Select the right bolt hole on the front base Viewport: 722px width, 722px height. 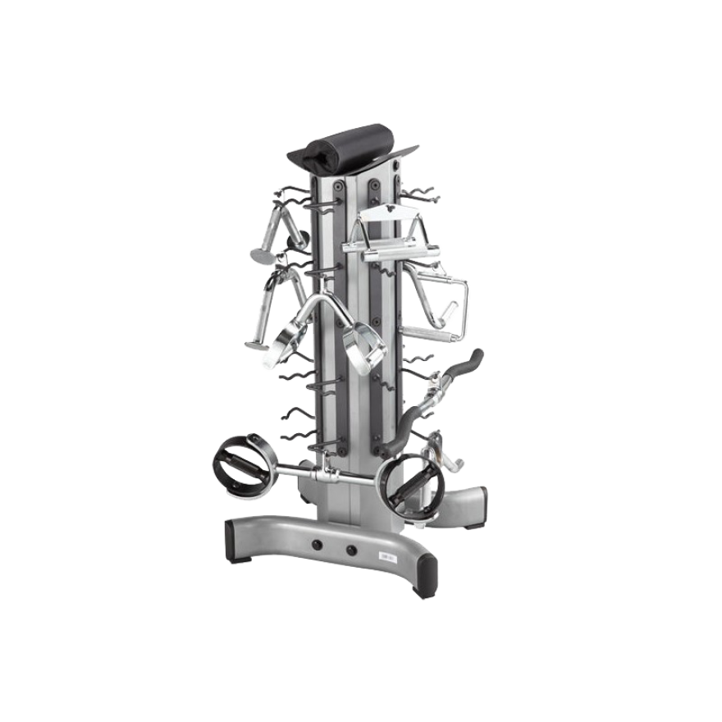click(351, 549)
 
